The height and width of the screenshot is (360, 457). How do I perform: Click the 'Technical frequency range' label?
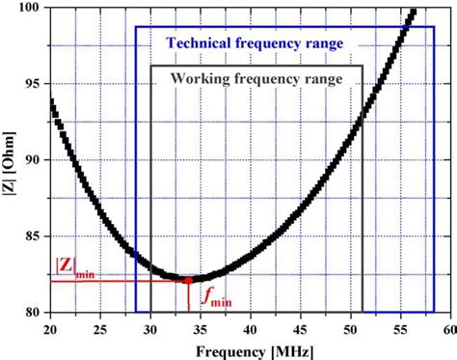click(255, 43)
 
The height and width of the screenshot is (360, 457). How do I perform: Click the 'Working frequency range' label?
click(256, 79)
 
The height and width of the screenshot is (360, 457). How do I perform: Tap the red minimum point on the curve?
click(189, 280)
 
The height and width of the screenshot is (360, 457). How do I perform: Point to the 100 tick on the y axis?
click(31, 8)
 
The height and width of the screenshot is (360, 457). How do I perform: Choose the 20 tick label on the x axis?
click(49, 327)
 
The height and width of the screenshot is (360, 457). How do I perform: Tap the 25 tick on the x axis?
click(99, 327)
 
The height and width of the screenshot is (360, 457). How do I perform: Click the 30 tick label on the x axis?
click(149, 327)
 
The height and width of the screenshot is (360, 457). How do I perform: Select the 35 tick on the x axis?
click(200, 327)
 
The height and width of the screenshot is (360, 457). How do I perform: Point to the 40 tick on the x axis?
click(249, 327)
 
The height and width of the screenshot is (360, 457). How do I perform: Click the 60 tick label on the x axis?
click(445, 327)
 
